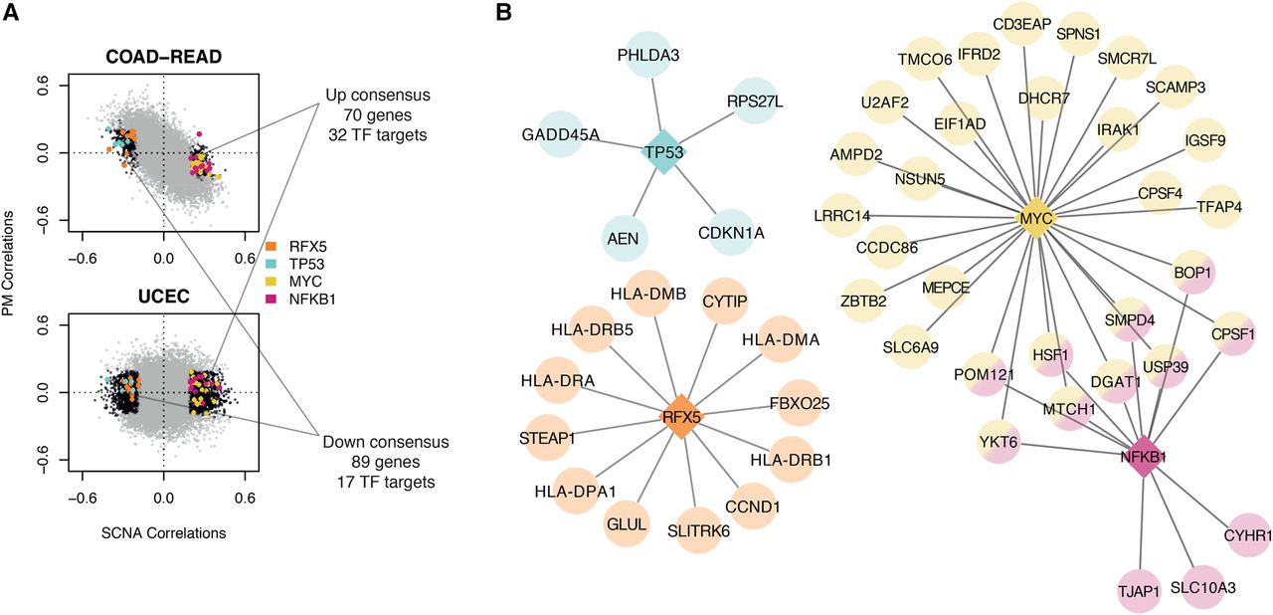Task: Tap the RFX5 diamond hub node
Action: point(682,417)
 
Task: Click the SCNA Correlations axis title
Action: point(164,532)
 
